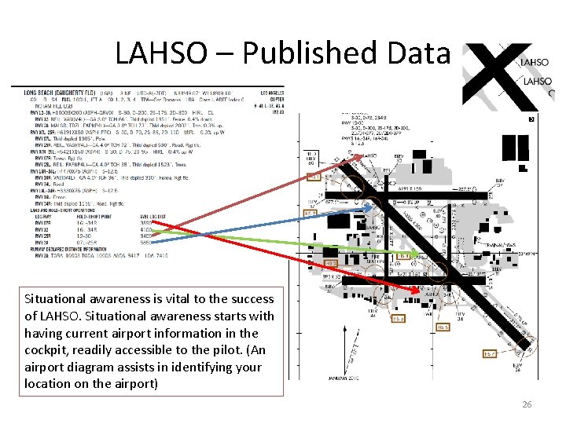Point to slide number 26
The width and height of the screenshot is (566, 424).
click(x=527, y=404)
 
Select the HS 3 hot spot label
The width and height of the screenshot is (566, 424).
click(x=311, y=213)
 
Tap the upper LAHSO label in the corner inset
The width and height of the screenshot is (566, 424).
click(x=535, y=62)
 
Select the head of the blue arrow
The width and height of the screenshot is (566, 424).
click(x=375, y=207)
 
